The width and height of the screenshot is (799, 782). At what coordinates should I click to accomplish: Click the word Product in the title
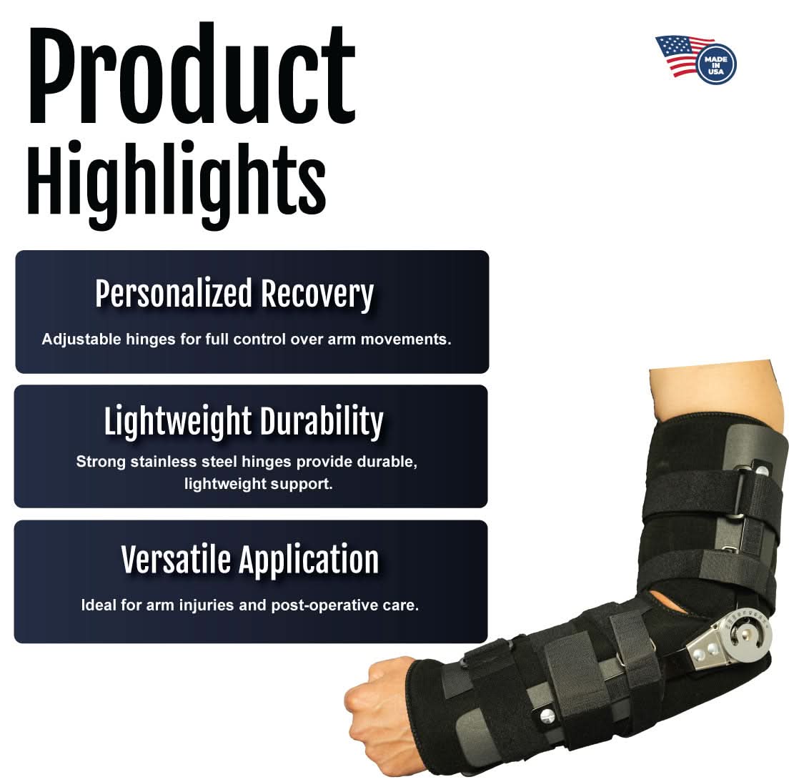(x=192, y=75)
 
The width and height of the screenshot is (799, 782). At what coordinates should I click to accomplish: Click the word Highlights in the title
(x=177, y=183)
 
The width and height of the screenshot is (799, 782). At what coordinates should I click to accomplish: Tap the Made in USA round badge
(x=716, y=64)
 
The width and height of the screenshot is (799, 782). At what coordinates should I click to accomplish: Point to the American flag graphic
(x=679, y=54)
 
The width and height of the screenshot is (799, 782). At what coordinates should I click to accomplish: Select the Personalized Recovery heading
(x=234, y=294)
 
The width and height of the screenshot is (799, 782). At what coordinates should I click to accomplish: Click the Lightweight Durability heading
(x=244, y=421)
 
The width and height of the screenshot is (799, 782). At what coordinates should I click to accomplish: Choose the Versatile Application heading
(x=249, y=559)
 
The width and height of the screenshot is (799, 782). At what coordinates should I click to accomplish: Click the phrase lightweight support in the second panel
(x=257, y=484)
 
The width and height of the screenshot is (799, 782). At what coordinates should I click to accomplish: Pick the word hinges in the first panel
(x=155, y=339)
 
